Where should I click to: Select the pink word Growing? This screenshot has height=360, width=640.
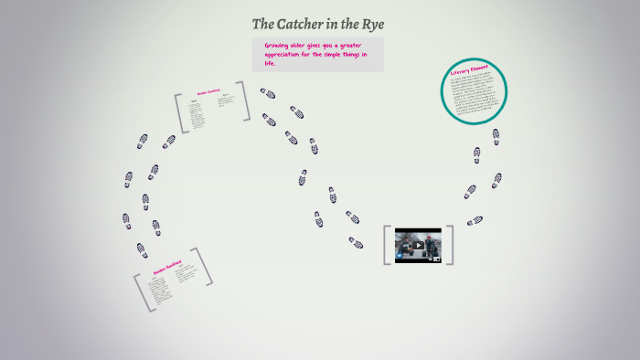(x=278, y=45)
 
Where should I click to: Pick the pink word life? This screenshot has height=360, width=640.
(x=270, y=63)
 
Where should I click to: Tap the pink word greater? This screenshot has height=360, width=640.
(x=350, y=45)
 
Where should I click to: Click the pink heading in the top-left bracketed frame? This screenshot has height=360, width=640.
(x=209, y=91)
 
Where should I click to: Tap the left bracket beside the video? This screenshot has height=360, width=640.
(x=388, y=245)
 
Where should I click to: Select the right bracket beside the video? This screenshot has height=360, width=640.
(x=450, y=245)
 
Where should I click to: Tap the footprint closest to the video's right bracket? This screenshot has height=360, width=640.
(x=474, y=220)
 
